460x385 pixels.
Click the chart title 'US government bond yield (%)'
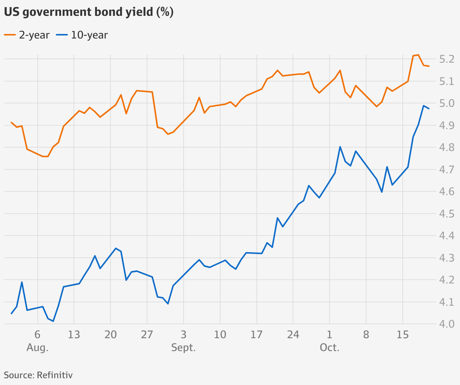click(x=89, y=12)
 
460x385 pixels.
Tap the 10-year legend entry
click(x=82, y=35)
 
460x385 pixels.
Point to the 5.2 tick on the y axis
click(x=446, y=59)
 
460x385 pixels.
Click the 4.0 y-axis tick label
click(x=446, y=324)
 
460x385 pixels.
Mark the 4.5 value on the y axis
click(x=446, y=214)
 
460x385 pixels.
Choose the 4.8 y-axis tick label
click(x=446, y=148)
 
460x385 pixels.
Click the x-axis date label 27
click(x=147, y=335)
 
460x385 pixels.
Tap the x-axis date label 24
click(x=293, y=335)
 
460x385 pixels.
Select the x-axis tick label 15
click(x=403, y=335)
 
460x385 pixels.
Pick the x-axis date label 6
click(x=37, y=335)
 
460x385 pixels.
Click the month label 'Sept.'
click(x=183, y=348)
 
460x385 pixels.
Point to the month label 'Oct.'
click(x=330, y=348)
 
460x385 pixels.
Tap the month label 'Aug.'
click(x=37, y=348)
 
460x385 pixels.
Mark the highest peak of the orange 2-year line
click(x=418, y=55)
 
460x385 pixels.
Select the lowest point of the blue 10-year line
click(x=53, y=321)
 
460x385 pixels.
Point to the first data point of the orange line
click(x=11, y=122)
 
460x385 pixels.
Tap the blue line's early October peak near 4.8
click(x=340, y=147)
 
